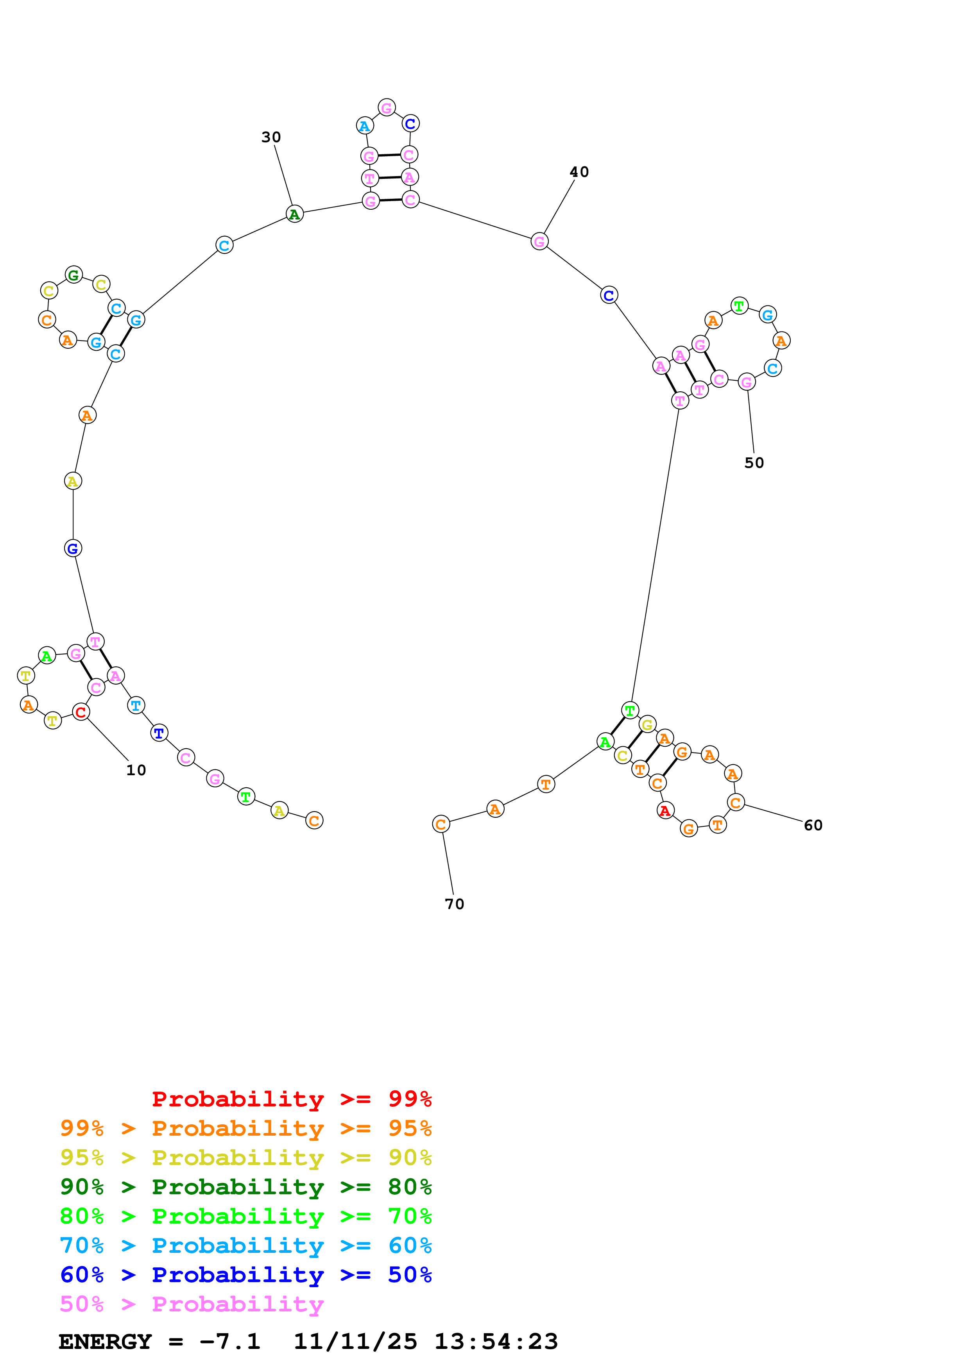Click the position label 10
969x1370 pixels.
click(136, 770)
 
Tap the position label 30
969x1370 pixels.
click(271, 137)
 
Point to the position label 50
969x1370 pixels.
click(754, 463)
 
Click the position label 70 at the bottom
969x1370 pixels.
click(454, 904)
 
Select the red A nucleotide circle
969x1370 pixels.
click(665, 810)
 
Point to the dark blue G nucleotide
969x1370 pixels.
click(73, 548)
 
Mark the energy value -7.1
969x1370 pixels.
click(230, 1341)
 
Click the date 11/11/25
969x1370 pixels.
click(355, 1341)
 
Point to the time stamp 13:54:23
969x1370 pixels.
click(496, 1341)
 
